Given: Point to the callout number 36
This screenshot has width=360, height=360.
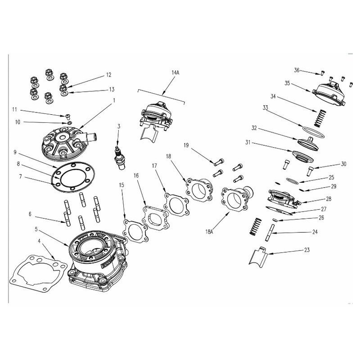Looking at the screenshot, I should click(x=297, y=70).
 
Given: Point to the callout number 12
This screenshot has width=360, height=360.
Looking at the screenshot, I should click(x=108, y=75).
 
